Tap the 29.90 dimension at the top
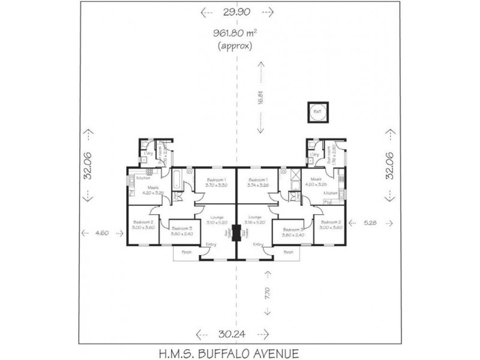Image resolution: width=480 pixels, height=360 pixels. (x=238, y=11)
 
